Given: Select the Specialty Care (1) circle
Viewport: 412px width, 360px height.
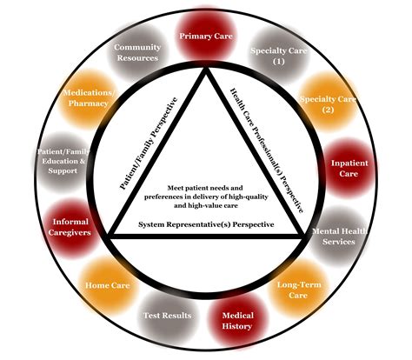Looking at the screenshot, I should click(268, 57).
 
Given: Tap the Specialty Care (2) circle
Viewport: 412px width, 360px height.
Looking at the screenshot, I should click(318, 103).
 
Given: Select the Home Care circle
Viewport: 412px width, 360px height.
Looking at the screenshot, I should click(107, 284).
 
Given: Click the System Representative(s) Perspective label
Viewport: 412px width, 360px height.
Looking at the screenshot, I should click(206, 224).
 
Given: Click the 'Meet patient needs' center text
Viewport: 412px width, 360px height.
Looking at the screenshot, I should click(206, 197).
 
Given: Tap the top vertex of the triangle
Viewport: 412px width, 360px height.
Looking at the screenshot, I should click(207, 71).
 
